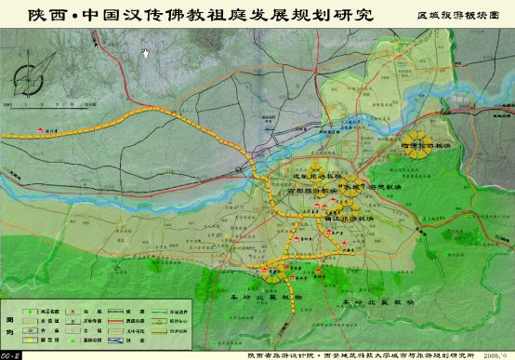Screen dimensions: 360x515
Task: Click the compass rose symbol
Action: click(35, 73)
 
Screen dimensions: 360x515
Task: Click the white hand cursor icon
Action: click(145, 52)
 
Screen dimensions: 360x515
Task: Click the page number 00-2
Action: click(10, 353)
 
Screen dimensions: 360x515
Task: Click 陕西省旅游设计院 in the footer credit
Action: click(278, 353)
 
